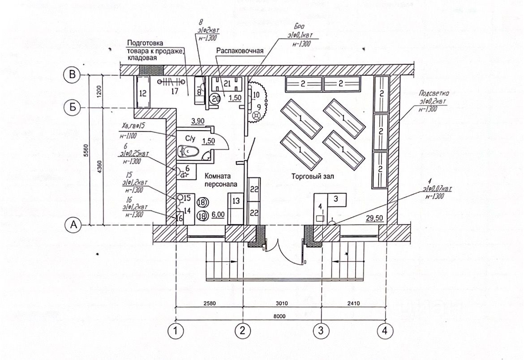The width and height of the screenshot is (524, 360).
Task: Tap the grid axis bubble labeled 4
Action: pos(384,331)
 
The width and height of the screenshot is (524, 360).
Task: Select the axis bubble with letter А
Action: pos(73,225)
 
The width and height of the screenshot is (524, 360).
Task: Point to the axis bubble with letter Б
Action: pos(73,108)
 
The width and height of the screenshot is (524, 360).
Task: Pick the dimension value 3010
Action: pos(282,303)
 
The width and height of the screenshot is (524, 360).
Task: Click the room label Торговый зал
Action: pos(312,176)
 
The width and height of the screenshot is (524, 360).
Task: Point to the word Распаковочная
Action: pos(239,51)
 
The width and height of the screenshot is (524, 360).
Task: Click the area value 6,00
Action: pos(218,214)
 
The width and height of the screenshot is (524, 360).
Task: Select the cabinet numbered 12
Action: pos(143,94)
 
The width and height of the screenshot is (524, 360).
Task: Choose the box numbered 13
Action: pos(236,200)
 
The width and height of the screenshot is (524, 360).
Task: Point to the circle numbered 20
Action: pos(215,99)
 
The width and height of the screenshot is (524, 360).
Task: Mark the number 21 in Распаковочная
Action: pos(227,83)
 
